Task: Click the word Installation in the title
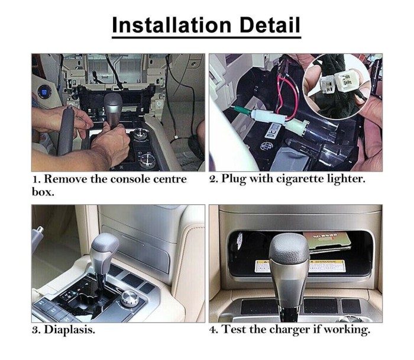pos(172,25)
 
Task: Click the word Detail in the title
pos(270,25)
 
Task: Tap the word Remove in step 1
pos(65,179)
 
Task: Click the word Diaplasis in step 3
pos(69,330)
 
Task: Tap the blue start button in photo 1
pos(43,92)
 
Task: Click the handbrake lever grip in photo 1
pos(66,130)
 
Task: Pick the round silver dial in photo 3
pos(130,298)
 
